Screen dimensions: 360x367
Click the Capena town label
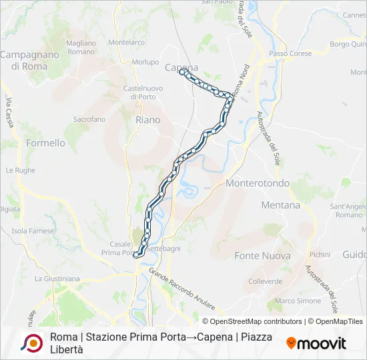point(181,67)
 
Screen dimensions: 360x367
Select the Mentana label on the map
point(281,205)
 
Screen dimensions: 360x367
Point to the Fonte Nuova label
point(262,255)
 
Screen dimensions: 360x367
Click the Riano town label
point(147,120)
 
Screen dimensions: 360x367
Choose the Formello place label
point(45,143)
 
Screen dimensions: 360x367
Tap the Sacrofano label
point(89,119)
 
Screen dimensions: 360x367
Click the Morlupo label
point(145,62)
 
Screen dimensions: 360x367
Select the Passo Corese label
point(286,53)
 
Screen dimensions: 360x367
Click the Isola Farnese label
point(32,231)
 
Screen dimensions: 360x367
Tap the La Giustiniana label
point(57,278)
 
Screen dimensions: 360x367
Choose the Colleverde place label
point(265,281)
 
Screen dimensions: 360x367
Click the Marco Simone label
point(298,301)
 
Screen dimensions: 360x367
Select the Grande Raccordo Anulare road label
point(181,289)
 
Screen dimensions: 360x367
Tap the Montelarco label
point(126,42)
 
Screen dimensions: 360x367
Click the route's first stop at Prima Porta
point(135,254)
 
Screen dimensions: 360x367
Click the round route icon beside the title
point(31,343)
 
